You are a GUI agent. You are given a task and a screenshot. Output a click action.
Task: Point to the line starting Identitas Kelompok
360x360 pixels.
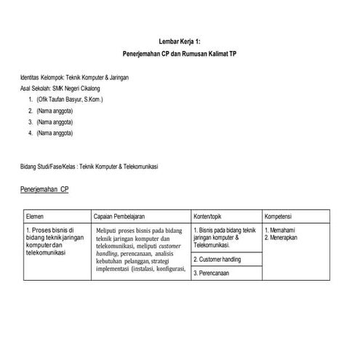(75, 76)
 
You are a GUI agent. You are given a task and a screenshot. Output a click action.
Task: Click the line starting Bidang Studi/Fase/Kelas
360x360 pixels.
(90, 167)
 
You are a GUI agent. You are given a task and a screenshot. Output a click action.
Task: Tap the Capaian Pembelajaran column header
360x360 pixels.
(120, 217)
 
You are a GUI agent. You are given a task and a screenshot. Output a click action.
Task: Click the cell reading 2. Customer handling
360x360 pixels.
(217, 259)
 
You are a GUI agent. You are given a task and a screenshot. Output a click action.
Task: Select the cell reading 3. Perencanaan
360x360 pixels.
(212, 273)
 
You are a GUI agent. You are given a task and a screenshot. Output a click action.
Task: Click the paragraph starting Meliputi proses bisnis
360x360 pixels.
(140, 251)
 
